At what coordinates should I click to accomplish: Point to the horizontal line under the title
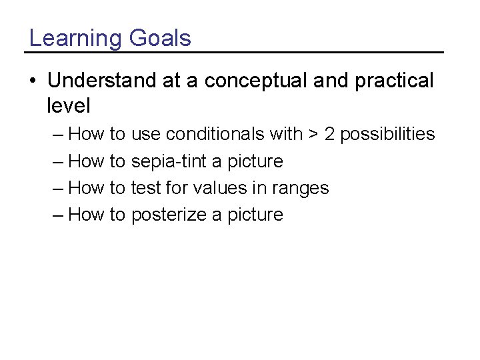tap(233, 52)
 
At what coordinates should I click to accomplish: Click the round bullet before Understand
tap(33, 81)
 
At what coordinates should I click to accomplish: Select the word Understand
tap(102, 81)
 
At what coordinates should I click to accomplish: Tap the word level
tap(69, 105)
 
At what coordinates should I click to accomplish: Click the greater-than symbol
tap(313, 135)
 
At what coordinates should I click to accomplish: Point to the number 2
tap(330, 134)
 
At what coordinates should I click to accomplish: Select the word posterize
tap(169, 215)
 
